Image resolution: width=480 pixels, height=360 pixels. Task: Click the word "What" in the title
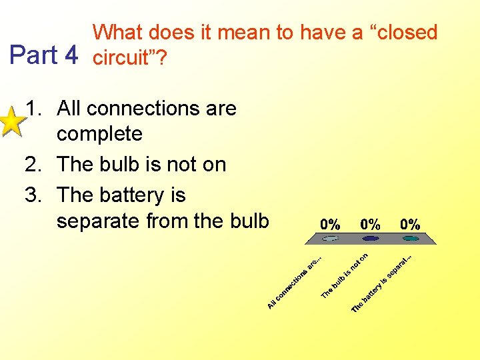[119, 32]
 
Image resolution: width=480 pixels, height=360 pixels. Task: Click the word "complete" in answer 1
[99, 133]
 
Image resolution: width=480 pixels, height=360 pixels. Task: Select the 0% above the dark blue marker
[371, 224]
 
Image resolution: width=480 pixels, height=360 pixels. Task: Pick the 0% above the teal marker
[410, 224]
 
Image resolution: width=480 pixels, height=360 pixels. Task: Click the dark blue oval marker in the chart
[371, 237]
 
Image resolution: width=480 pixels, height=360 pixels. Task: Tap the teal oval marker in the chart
[410, 237]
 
